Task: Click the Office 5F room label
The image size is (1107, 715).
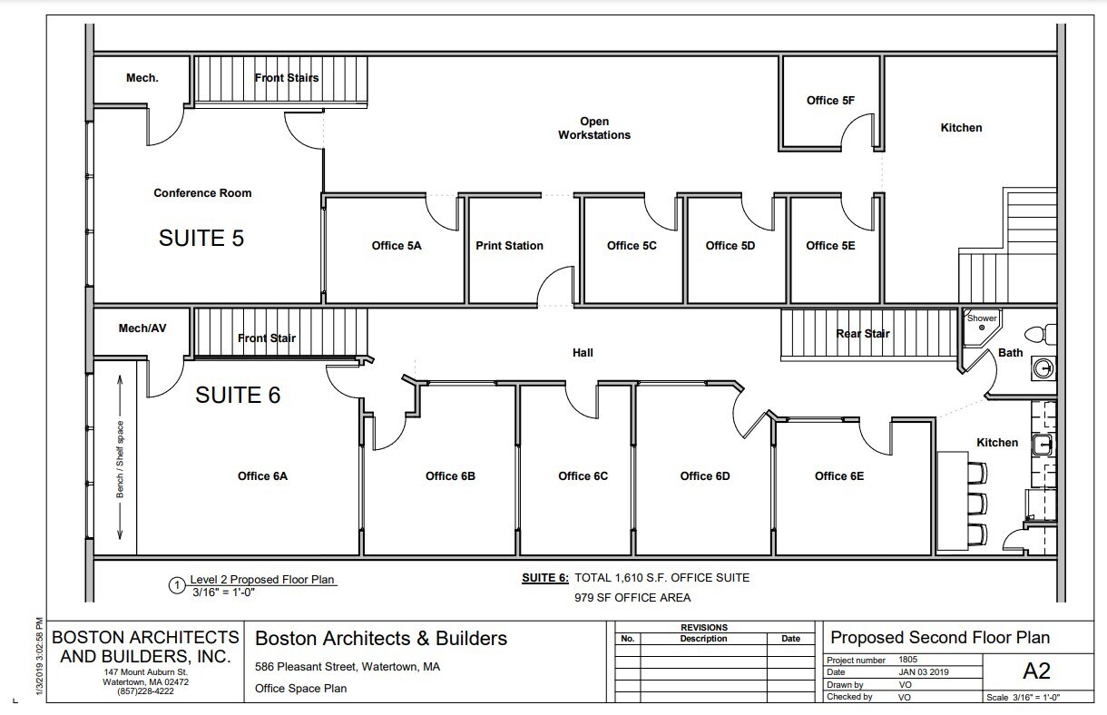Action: (829, 101)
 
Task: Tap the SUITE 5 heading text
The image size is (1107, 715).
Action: (201, 238)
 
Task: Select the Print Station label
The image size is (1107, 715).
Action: (509, 246)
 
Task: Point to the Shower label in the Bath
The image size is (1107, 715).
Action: (982, 318)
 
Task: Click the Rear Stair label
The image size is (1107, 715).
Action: (862, 334)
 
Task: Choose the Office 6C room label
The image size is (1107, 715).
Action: (583, 476)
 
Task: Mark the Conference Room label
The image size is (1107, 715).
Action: (202, 193)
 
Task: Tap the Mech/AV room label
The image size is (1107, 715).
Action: (142, 328)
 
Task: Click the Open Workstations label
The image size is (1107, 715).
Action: (594, 128)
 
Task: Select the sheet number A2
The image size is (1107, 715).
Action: (1035, 671)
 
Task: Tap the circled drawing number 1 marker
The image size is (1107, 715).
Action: (177, 585)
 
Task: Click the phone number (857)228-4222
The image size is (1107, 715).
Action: (146, 691)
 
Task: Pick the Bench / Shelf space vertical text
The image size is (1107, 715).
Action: (119, 459)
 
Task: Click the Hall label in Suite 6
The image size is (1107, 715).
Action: (583, 353)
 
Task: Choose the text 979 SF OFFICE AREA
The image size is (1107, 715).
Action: (632, 597)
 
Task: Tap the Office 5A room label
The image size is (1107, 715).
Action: (397, 246)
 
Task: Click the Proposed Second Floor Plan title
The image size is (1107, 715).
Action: (940, 638)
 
